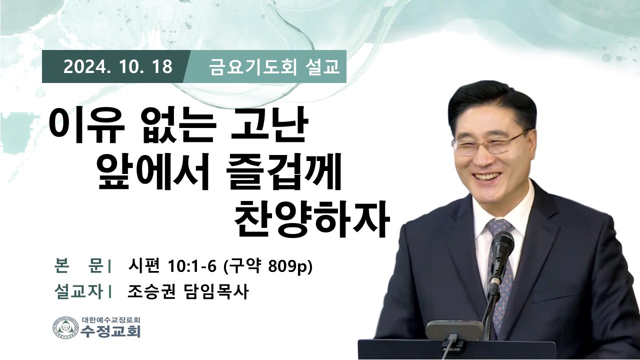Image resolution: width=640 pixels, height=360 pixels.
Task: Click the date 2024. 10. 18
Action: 118,67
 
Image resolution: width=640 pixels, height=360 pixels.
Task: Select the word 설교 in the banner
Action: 322,67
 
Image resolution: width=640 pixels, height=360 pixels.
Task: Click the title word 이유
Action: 84,125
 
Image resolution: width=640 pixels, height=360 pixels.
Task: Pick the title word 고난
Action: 268,125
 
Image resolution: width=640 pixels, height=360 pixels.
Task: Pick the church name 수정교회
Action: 111,331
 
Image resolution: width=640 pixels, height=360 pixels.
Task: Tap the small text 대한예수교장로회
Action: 111,320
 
